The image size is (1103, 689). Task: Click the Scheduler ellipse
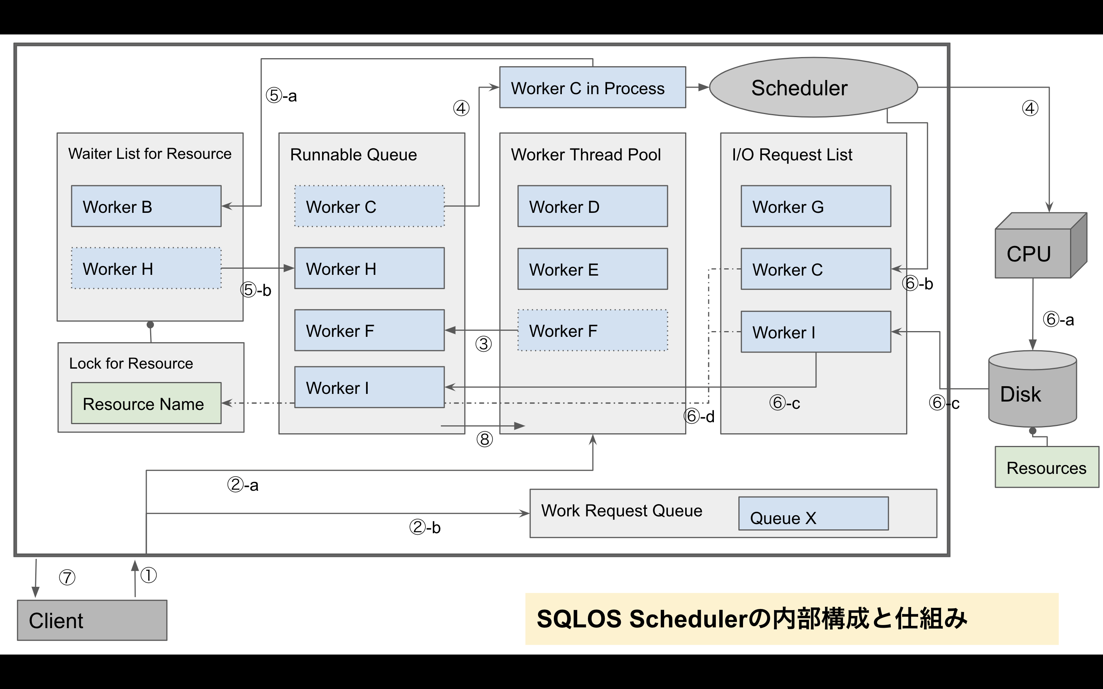pyautogui.click(x=813, y=88)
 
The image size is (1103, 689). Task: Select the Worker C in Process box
pyautogui.click(x=592, y=88)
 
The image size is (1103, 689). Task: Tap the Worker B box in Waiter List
pyautogui.click(x=146, y=206)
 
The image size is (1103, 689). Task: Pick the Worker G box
pyautogui.click(x=815, y=206)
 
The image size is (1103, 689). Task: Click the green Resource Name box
pyautogui.click(x=146, y=403)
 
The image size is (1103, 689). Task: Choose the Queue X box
pyautogui.click(x=813, y=514)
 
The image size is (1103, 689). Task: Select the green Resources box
pyautogui.click(x=1046, y=467)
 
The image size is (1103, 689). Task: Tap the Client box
pyautogui.click(x=92, y=620)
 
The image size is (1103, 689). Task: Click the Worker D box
pyautogui.click(x=592, y=206)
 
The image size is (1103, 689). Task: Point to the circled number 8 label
pyautogui.click(x=484, y=440)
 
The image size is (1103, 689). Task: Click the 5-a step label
pyautogui.click(x=281, y=96)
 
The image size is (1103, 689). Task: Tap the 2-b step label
pyautogui.click(x=425, y=527)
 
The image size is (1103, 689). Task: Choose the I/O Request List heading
pyautogui.click(x=792, y=155)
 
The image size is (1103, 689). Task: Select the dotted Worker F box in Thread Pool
pyautogui.click(x=592, y=330)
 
